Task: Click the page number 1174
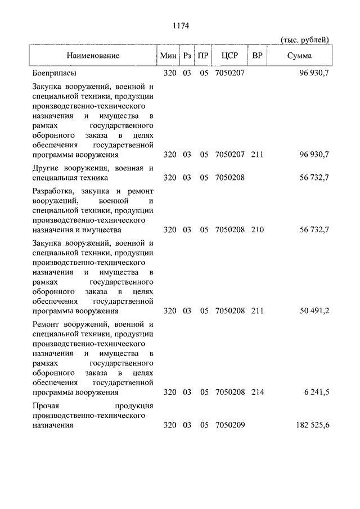point(179,25)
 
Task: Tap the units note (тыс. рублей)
point(304,39)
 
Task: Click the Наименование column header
point(93,56)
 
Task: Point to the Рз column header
point(187,56)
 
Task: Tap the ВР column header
point(257,56)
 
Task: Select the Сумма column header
point(299,56)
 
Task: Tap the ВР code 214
point(258,392)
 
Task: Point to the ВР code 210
point(258,229)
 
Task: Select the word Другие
point(46,168)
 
